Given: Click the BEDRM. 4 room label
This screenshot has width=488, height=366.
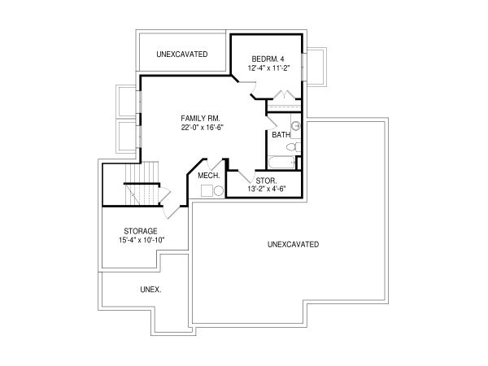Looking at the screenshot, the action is (268, 59).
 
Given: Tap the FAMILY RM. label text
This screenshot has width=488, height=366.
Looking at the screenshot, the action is (200, 119).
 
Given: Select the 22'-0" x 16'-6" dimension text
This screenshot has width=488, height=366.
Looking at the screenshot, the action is (203, 128).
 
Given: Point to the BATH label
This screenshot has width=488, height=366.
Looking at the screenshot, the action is (281, 135).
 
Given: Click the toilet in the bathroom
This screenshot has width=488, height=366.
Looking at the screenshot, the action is (293, 147).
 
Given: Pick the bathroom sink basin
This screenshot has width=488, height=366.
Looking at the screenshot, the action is (295, 126).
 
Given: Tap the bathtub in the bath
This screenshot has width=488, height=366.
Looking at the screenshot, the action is (281, 163).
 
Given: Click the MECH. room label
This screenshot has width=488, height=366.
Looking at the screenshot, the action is (209, 176).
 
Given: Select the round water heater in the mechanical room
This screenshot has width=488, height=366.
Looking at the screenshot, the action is (219, 191).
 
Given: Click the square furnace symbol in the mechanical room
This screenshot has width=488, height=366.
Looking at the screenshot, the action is (207, 191).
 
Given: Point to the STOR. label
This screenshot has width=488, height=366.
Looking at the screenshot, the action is (266, 181).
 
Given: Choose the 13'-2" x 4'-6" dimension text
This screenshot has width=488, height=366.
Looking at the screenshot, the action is (267, 189).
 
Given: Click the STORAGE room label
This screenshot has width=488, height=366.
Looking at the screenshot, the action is (141, 231).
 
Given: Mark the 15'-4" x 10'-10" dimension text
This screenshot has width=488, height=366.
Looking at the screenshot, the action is (142, 240).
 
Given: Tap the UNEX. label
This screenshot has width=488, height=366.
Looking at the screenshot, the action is (150, 290).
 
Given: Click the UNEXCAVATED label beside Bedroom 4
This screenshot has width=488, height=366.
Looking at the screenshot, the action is (182, 54).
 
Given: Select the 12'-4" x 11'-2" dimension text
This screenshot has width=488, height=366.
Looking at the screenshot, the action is (269, 68).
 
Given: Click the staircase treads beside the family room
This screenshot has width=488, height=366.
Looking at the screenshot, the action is (142, 183).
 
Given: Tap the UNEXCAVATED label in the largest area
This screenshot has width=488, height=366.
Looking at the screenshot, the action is (293, 245).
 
